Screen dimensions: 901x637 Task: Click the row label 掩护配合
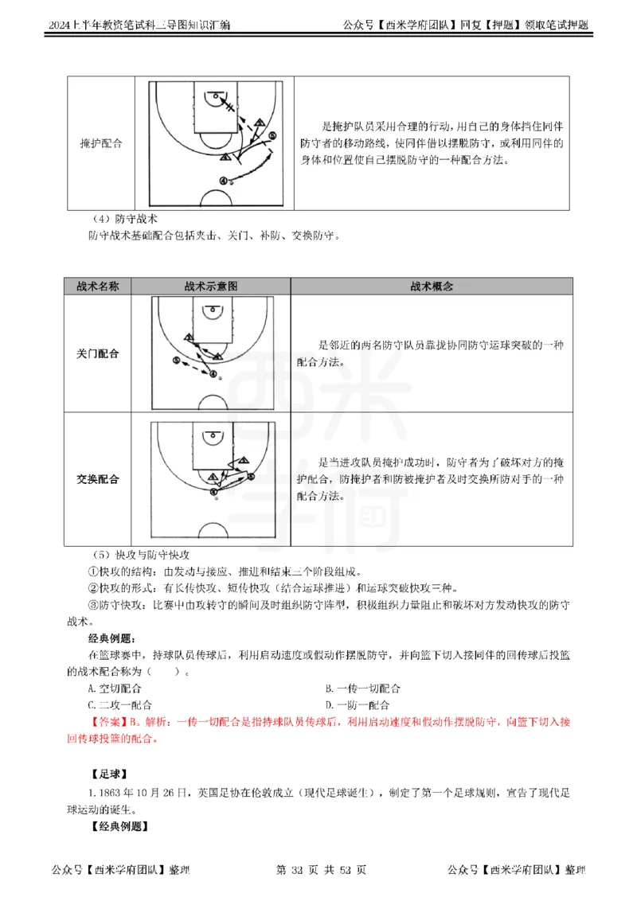[x=101, y=144]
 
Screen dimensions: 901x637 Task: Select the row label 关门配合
[x=98, y=353]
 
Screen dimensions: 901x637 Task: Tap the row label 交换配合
[x=98, y=479]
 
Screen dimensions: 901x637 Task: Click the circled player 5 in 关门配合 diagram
[x=176, y=361]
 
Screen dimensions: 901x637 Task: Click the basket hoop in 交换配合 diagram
[x=212, y=436]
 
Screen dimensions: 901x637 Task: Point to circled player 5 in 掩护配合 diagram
[x=272, y=136]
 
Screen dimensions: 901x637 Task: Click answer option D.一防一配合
[x=358, y=705]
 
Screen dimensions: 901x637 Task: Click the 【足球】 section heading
[x=109, y=774]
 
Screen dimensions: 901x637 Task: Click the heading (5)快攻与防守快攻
[x=140, y=555]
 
